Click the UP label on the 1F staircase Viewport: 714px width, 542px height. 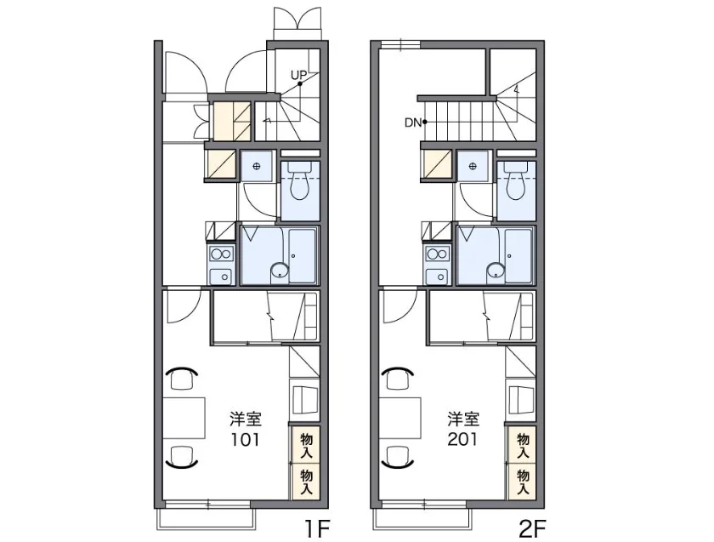298,74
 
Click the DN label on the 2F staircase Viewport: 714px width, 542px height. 413,123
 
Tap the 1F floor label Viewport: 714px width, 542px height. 317,529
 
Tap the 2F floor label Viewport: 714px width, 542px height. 532,529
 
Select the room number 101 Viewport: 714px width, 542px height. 245,439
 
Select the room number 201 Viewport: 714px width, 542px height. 462,439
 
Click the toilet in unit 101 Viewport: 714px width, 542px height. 299,181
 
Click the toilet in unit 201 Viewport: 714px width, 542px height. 516,181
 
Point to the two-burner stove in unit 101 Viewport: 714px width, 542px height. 221,254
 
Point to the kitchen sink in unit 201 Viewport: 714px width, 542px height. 438,277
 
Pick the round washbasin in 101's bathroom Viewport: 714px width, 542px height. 279,271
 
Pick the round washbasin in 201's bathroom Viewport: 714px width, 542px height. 496,271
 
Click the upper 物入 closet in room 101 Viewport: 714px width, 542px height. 306,445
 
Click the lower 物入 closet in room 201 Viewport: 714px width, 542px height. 523,482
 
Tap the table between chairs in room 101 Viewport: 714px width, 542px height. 184,418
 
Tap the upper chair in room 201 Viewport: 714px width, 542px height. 399,378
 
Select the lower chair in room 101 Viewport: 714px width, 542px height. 182,457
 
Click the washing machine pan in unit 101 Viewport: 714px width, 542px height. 257,167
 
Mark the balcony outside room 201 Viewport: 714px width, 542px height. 420,519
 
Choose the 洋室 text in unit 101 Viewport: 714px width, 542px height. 246,418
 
